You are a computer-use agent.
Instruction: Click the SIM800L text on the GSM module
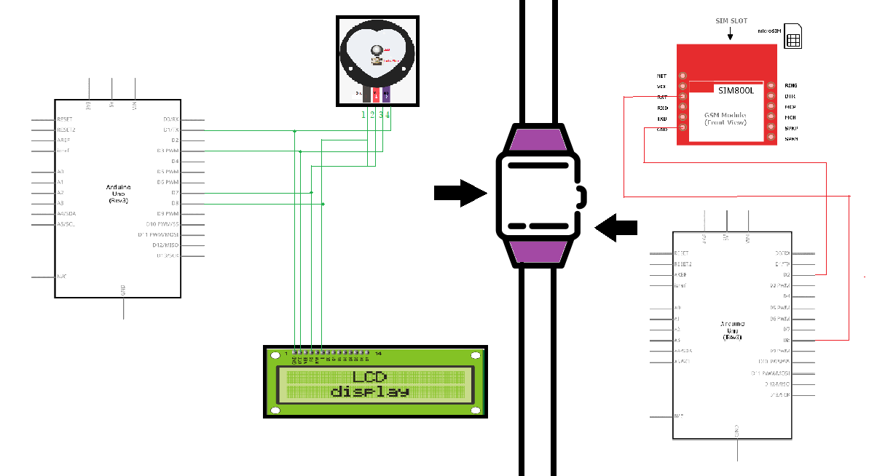point(734,91)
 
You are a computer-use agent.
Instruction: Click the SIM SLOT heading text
point(731,21)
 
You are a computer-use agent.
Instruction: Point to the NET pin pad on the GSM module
point(683,76)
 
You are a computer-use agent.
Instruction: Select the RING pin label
point(790,86)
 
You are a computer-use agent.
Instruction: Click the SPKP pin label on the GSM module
point(791,128)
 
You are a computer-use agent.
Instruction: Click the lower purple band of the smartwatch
point(540,251)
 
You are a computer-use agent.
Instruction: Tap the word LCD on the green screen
point(369,378)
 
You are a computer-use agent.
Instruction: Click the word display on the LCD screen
point(369,392)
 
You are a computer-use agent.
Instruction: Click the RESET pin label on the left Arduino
point(65,119)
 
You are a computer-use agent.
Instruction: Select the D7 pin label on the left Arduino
point(175,193)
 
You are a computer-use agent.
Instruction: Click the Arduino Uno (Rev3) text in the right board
point(732,328)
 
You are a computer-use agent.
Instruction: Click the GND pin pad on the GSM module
point(683,128)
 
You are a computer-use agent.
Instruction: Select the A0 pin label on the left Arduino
point(60,172)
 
